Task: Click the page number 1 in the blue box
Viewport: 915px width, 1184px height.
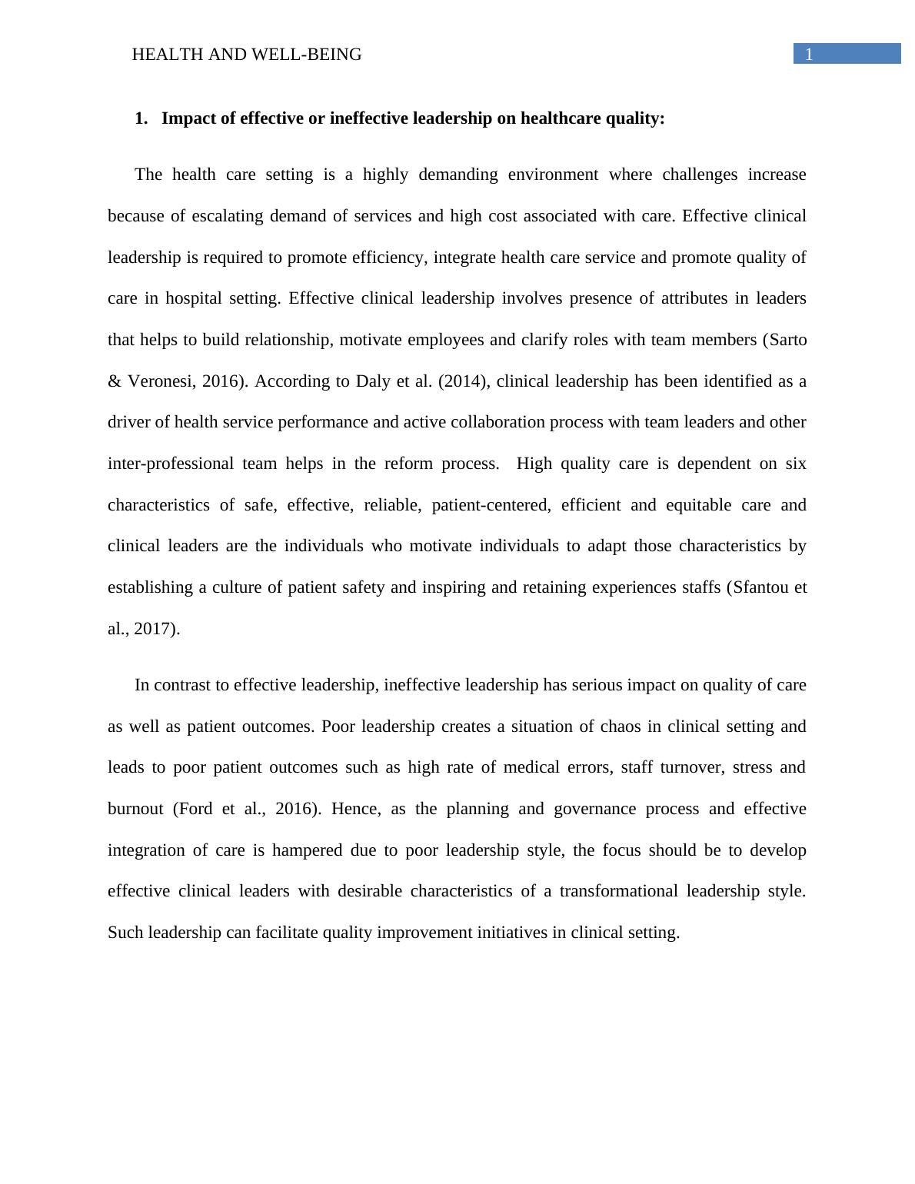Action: pyautogui.click(x=809, y=55)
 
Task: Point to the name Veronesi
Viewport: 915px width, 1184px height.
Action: pyautogui.click(x=160, y=381)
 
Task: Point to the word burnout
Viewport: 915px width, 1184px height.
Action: pyautogui.click(x=135, y=809)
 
